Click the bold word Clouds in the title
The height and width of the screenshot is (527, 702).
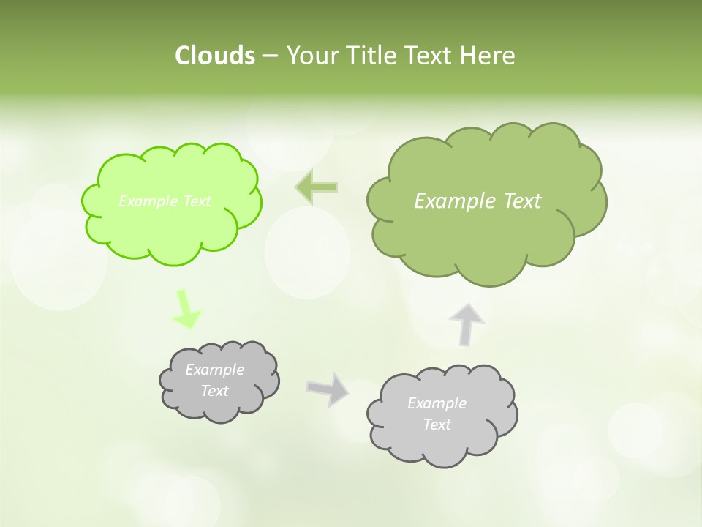tap(214, 55)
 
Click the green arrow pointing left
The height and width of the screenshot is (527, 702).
tap(317, 187)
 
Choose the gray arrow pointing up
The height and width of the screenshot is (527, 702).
tap(467, 323)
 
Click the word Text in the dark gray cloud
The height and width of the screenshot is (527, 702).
tap(214, 391)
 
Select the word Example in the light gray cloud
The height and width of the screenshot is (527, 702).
tap(437, 403)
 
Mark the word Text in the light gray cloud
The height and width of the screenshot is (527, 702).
tap(437, 425)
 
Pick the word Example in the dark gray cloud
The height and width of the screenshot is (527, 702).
tap(214, 370)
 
